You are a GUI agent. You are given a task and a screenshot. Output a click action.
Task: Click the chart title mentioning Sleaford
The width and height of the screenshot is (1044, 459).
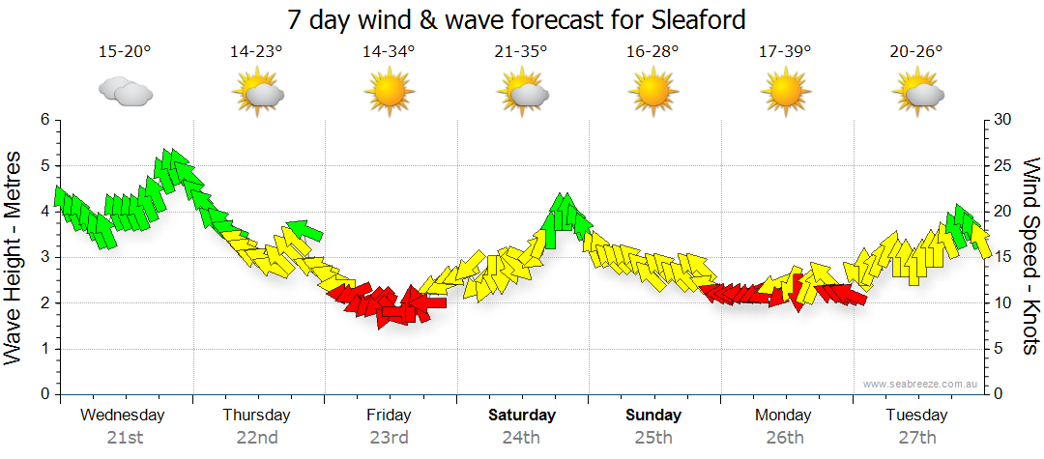click(x=517, y=19)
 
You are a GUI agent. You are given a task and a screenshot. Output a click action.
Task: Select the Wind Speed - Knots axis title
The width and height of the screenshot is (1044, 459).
click(x=1030, y=256)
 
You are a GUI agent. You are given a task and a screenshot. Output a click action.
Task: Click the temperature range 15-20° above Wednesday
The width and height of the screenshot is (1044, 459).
click(x=125, y=52)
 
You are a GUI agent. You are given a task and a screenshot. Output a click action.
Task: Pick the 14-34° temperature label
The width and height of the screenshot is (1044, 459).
click(x=390, y=52)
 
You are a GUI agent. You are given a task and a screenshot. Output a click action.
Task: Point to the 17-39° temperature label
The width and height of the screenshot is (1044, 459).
click(x=785, y=52)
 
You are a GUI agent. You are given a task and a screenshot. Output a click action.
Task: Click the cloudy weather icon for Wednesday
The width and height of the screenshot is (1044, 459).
click(x=125, y=92)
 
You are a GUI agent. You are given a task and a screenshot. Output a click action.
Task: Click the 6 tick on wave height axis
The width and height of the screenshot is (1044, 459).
click(x=44, y=120)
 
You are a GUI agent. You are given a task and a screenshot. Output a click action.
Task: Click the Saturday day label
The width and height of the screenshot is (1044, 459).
click(x=521, y=416)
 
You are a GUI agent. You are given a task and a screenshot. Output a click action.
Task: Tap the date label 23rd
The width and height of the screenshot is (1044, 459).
click(x=389, y=438)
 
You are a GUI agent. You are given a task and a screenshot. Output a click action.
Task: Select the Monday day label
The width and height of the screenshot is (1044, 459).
click(x=784, y=416)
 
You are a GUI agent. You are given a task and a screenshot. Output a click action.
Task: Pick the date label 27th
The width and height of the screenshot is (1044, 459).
click(x=916, y=438)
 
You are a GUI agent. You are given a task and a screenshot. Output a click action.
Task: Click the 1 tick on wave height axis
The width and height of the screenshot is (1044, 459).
click(x=44, y=349)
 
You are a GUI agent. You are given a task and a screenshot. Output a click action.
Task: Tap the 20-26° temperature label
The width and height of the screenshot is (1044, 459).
click(x=916, y=52)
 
